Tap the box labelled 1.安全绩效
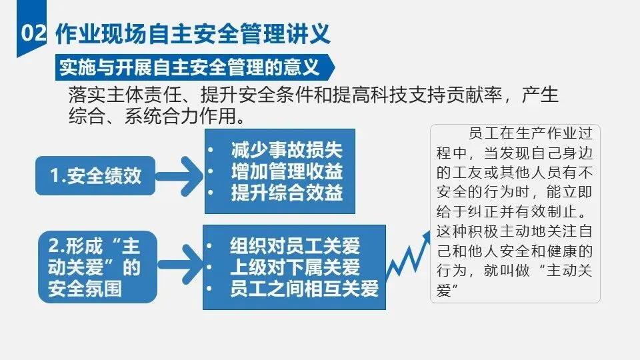point(95,175)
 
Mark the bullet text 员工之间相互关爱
point(304,288)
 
